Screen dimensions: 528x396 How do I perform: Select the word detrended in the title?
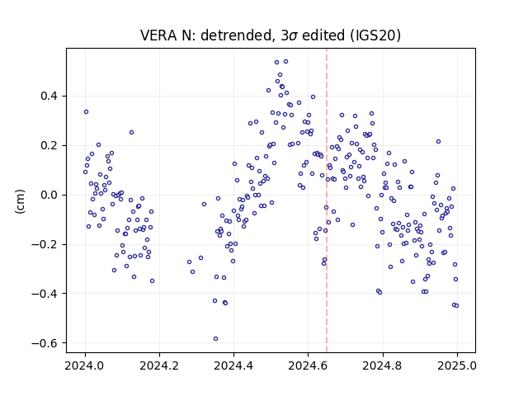(x=236, y=35)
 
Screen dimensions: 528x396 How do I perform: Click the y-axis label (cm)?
(x=20, y=201)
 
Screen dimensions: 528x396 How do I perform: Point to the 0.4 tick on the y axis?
(x=49, y=97)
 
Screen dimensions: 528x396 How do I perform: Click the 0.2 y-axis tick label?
(x=49, y=145)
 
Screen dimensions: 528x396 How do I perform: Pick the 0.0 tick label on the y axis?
(x=49, y=195)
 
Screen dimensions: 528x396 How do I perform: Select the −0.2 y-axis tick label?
(x=45, y=244)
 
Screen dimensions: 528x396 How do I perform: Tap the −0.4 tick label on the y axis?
(x=45, y=294)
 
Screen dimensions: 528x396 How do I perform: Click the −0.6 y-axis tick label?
(x=45, y=343)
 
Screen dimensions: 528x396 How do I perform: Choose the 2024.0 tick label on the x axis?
(x=85, y=365)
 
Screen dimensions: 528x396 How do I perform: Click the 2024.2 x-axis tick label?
(x=159, y=365)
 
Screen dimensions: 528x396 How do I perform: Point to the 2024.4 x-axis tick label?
(x=233, y=365)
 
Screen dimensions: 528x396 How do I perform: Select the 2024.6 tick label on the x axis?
(x=308, y=365)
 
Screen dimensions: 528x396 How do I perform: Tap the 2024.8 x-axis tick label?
(x=383, y=365)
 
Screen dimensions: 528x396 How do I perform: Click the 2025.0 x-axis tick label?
(x=457, y=365)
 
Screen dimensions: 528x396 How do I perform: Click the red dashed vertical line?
(x=327, y=200)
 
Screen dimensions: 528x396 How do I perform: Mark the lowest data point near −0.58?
(x=215, y=338)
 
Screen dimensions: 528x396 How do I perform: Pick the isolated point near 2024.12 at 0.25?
(x=131, y=132)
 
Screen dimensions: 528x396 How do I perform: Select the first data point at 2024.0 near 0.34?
(x=86, y=112)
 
